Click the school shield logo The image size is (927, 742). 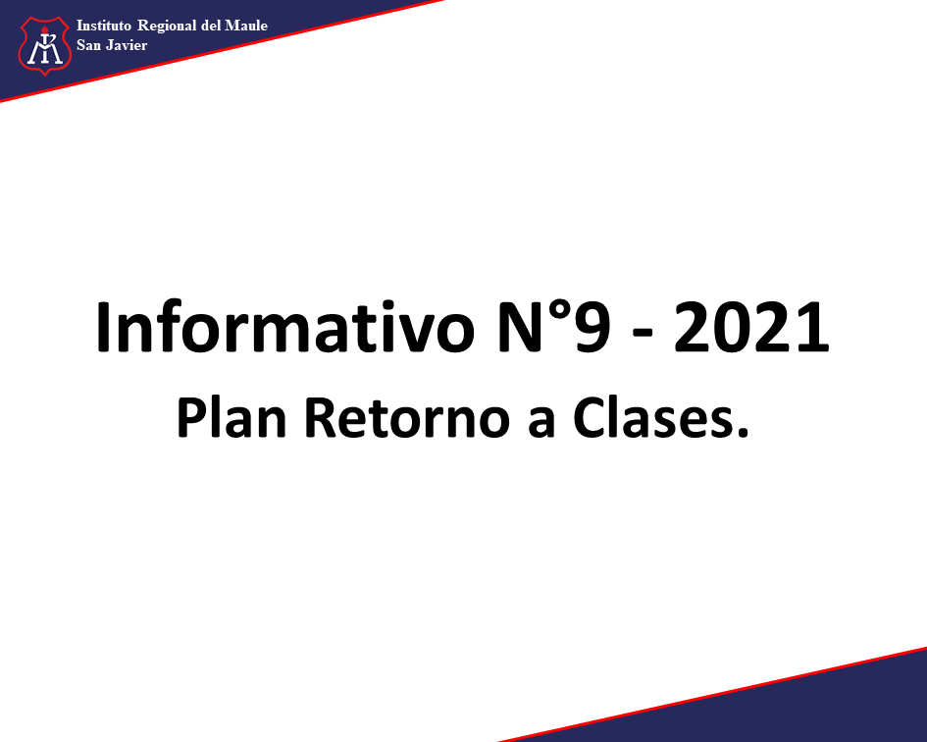click(x=44, y=45)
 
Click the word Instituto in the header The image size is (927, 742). click(x=103, y=26)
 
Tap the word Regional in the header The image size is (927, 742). click(x=168, y=26)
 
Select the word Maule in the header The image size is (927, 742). click(x=246, y=26)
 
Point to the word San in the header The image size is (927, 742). click(x=88, y=45)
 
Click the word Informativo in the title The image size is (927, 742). click(x=284, y=327)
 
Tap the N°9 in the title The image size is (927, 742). click(x=553, y=327)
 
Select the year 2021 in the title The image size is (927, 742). click(x=751, y=327)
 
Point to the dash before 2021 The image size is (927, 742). click(x=643, y=335)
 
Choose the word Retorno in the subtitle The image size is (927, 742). click(x=407, y=418)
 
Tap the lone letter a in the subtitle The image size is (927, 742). click(x=541, y=423)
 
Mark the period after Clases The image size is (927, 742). click(x=742, y=433)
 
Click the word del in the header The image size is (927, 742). click(x=211, y=26)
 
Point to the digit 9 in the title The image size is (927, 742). click(x=592, y=327)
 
